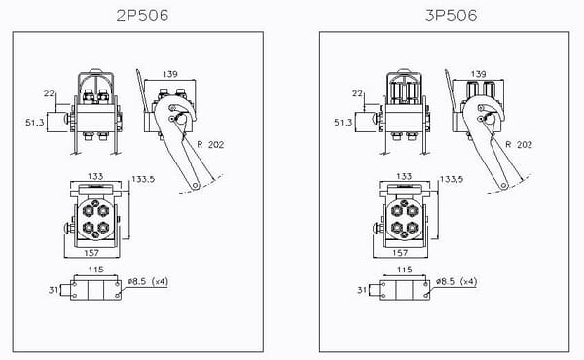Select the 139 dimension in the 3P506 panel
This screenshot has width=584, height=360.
click(x=480, y=75)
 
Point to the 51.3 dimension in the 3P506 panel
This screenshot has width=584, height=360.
click(x=343, y=123)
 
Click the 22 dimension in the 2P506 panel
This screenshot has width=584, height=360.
click(x=50, y=92)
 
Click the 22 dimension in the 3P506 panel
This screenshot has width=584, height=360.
click(x=358, y=92)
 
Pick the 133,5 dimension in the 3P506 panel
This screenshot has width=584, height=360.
click(x=453, y=181)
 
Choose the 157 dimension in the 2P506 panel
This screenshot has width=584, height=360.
click(x=93, y=251)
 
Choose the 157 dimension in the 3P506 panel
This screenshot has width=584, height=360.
click(x=401, y=251)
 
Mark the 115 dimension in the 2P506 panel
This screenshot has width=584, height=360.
click(x=93, y=269)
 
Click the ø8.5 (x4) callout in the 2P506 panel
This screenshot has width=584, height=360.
click(x=149, y=282)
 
